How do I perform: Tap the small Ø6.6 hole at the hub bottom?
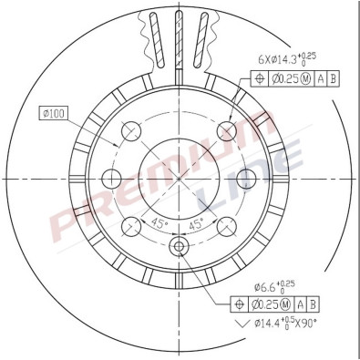(x=179, y=246)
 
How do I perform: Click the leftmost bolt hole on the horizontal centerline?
(x=112, y=177)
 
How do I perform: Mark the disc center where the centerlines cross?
(x=179, y=177)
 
